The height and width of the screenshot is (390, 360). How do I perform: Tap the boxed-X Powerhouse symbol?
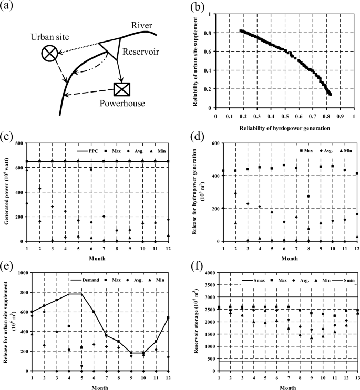point(122,89)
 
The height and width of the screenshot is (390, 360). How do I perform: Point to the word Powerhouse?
point(122,104)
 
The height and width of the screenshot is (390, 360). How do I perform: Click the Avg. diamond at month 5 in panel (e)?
point(81,366)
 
